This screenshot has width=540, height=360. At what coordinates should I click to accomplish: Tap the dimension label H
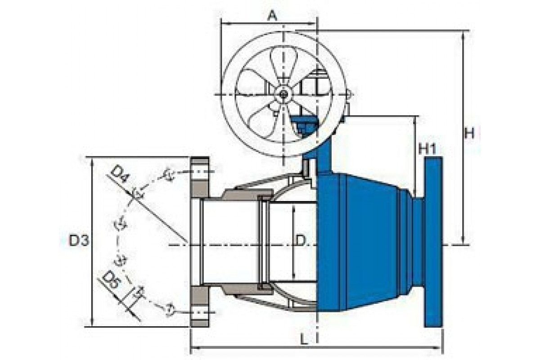469,133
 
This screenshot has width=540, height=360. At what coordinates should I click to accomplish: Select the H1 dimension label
427,149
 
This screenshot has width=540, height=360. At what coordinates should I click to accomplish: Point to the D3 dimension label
79,240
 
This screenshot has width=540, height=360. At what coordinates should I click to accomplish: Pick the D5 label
111,280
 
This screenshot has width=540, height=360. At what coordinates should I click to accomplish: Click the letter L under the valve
305,340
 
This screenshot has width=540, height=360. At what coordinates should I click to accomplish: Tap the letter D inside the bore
301,240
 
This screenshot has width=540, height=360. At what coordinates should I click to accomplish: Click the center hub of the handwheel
283,94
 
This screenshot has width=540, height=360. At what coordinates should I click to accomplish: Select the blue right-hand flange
433,242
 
